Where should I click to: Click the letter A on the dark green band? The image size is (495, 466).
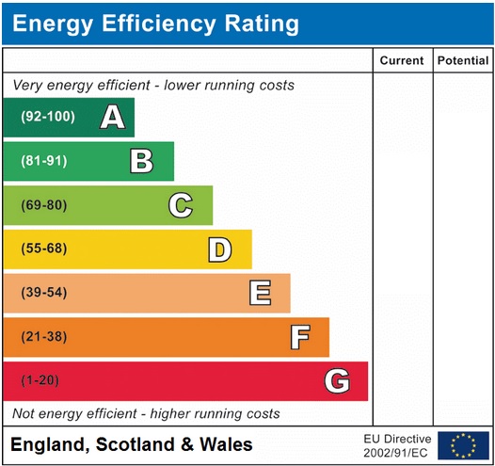113,118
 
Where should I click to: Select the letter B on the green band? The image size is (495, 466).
141,161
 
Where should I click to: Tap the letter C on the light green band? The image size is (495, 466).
181,205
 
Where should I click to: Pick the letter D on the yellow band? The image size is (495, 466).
219,249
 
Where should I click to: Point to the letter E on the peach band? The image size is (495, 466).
260,293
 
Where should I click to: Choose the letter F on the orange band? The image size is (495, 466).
299,337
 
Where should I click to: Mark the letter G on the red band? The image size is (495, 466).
337,381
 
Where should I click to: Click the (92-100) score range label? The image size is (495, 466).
47,118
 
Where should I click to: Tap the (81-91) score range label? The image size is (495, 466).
44,161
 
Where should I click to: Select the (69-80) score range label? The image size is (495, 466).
44,205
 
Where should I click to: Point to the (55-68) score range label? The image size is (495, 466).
44,249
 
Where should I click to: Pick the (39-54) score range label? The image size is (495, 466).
44,293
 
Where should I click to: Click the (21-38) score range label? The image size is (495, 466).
44,337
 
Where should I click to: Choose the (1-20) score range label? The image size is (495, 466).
40,381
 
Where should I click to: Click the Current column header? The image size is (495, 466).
402,61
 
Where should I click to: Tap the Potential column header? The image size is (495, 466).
462,61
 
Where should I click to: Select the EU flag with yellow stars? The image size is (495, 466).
463,445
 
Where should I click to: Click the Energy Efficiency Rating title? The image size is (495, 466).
156,24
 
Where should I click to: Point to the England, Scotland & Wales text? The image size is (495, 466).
131,444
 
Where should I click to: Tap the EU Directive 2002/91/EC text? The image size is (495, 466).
397,445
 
